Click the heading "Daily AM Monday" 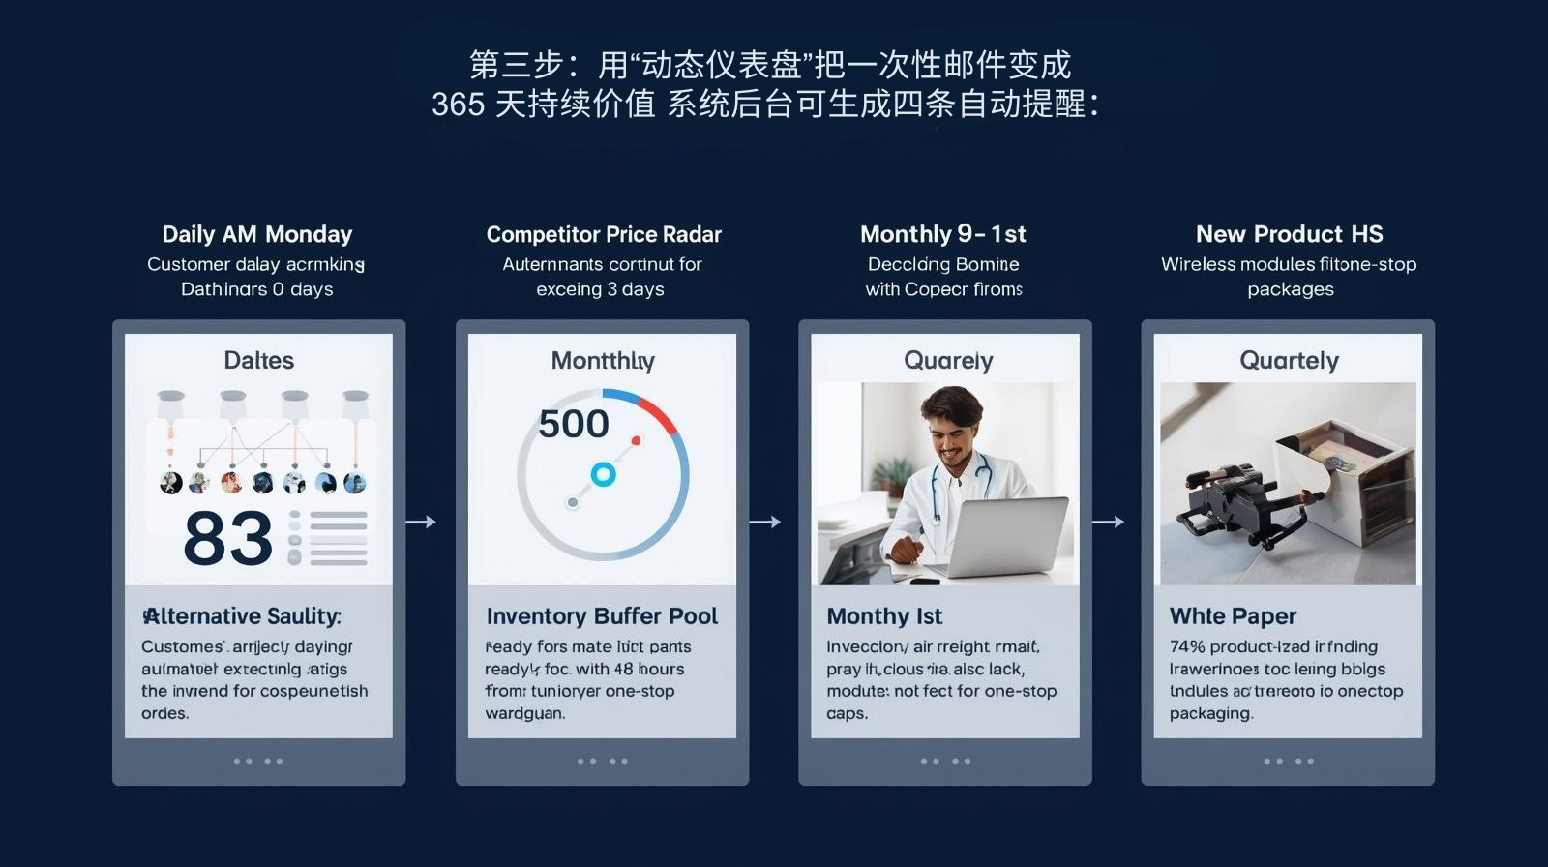point(257,234)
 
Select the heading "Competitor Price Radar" point(604,234)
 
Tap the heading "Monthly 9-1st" point(942,234)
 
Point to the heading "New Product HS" point(1289,234)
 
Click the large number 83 point(228,539)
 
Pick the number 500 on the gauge point(574,424)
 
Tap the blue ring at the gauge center point(603,474)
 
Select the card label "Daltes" point(258,360)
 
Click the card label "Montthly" point(603,361)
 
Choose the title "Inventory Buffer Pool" point(602,616)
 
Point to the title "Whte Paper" point(1233,616)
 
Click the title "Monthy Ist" point(884,616)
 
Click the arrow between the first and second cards point(421,522)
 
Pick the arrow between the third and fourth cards point(1108,522)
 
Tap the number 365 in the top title point(458,104)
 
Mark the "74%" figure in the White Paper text point(1186,646)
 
